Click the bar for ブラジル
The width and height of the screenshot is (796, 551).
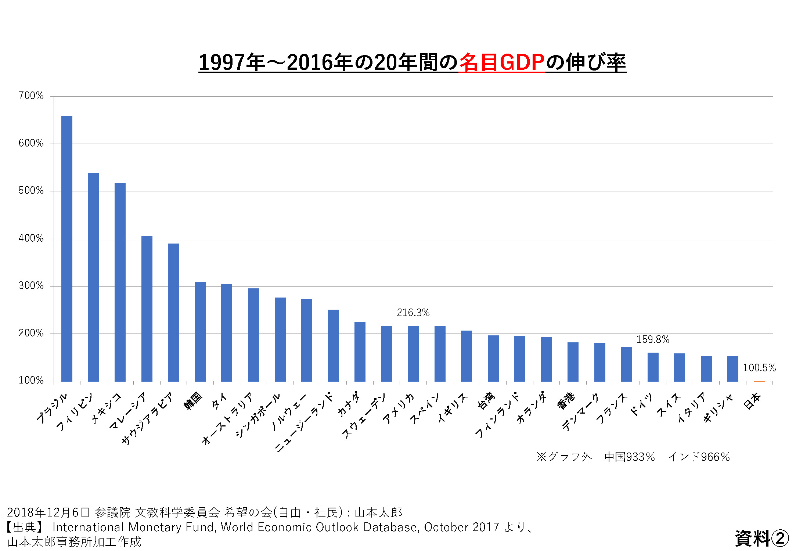tap(67, 249)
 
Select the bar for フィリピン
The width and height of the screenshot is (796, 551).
tap(94, 277)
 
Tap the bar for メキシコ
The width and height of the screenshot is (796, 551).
tap(120, 282)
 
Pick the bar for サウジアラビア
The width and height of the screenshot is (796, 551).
tap(173, 312)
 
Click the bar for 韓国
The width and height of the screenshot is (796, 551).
tap(200, 331)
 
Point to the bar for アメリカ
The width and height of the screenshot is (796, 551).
tap(413, 353)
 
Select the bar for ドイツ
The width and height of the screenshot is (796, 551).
tap(653, 367)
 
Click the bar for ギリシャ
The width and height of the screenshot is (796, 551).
tap(732, 368)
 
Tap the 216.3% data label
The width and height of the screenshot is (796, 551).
tap(413, 313)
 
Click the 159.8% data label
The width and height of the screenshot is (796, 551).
tap(653, 339)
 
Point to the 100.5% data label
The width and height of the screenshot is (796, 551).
tap(759, 368)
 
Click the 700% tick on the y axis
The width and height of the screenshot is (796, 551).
tap(31, 96)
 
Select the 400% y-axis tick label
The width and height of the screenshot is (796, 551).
tap(31, 238)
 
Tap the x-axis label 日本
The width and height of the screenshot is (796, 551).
tap(752, 400)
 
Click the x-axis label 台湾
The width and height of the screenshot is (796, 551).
tap(486, 400)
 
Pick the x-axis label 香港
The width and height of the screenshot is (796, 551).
tap(566, 400)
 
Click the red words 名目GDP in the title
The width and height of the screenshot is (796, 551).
tap(501, 62)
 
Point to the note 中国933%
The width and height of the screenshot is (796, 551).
tap(630, 457)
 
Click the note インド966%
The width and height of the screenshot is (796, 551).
tap(699, 457)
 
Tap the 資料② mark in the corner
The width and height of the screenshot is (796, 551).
tap(761, 539)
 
